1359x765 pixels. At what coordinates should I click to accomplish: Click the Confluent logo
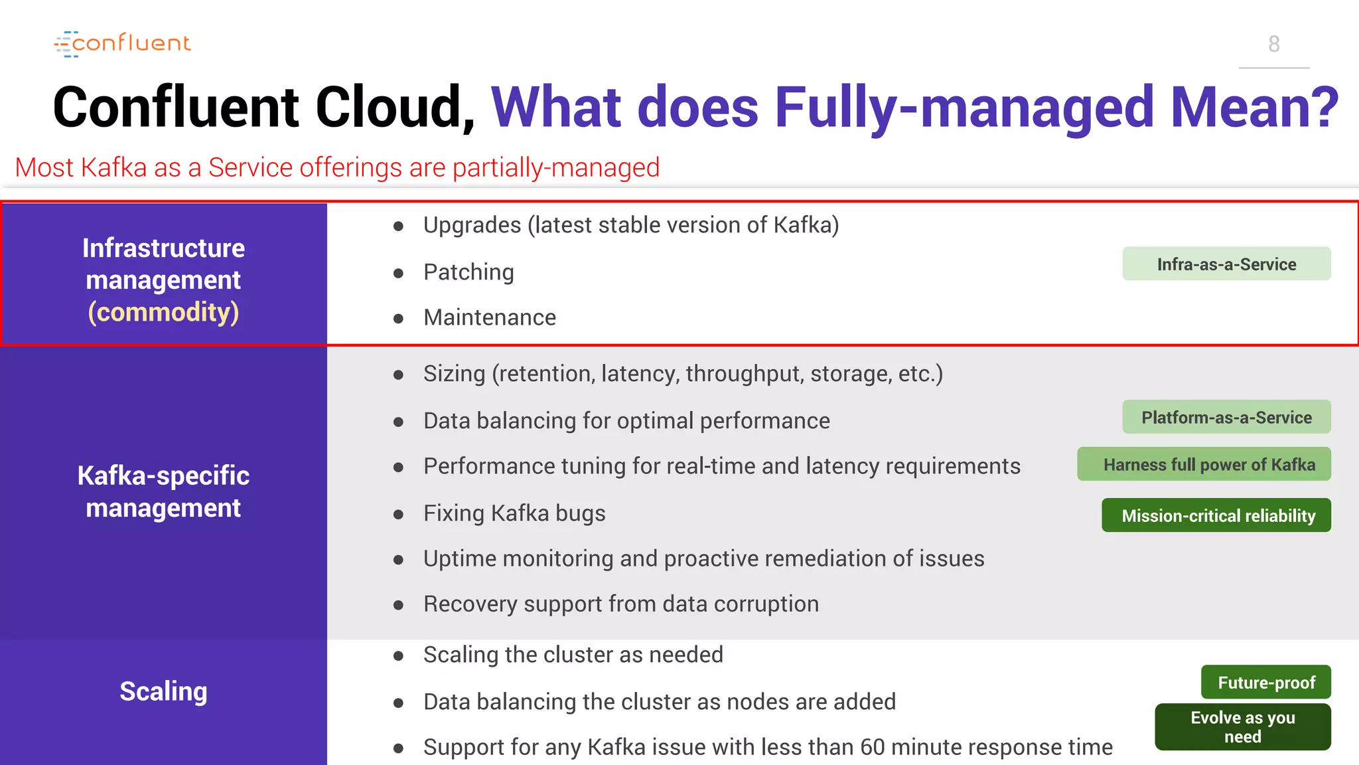[123, 44]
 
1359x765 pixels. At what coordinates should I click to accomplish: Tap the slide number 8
[1273, 44]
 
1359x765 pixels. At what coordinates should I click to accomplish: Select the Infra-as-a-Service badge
[1226, 264]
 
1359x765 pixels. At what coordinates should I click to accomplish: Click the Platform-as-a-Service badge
[1226, 417]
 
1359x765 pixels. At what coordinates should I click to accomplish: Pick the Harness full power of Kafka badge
[1204, 465]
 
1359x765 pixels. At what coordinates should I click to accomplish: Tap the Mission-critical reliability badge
[1216, 515]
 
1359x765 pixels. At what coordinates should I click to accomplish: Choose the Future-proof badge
[1265, 683]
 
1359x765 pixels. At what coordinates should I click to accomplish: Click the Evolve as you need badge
[1242, 727]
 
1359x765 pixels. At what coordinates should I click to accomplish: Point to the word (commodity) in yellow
[163, 312]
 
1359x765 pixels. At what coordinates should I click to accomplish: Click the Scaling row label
[163, 691]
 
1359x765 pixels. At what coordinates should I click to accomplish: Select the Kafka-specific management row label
[163, 491]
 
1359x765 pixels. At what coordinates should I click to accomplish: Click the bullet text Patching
[468, 272]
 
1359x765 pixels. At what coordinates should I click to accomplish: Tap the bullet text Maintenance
[490, 317]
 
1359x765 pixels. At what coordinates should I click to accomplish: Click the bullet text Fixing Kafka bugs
[514, 513]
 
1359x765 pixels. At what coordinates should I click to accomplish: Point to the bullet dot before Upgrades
[398, 226]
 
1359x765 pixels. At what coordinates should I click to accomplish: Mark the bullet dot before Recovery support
[398, 605]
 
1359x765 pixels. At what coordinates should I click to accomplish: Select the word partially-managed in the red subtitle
[556, 167]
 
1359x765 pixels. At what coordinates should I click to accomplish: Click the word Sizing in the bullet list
[454, 374]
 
